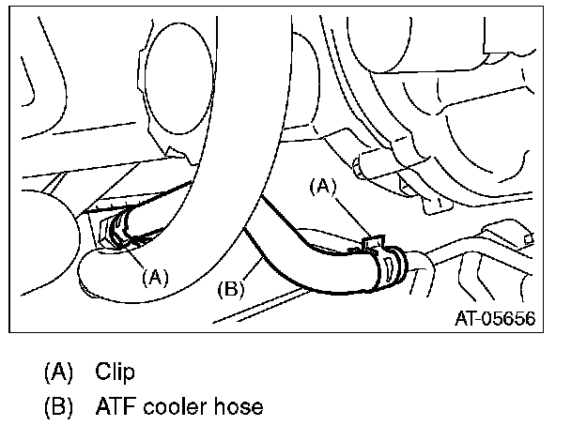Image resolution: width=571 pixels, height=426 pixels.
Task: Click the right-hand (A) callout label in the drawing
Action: [x=323, y=187]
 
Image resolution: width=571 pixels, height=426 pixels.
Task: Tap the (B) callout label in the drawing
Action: [x=230, y=290]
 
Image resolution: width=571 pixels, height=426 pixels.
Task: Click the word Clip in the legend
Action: [x=115, y=372]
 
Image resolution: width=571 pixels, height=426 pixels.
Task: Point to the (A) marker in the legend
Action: [x=58, y=372]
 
